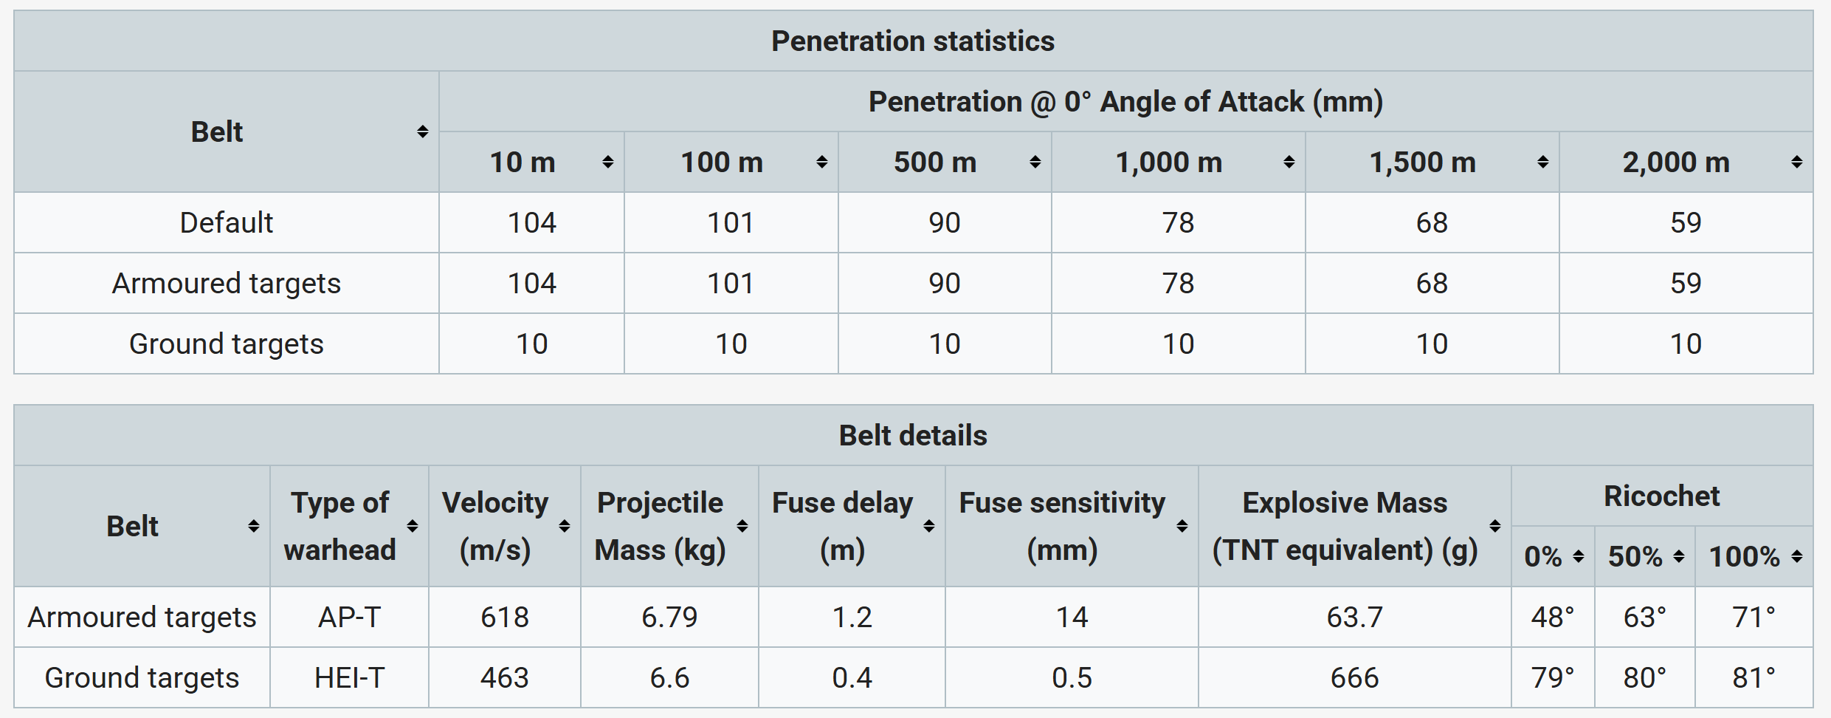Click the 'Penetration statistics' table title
[913, 41]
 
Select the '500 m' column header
[935, 163]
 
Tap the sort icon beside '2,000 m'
[1797, 163]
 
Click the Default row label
[226, 223]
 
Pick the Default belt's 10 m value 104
[531, 223]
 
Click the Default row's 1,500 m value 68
[1432, 223]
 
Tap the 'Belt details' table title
[913, 436]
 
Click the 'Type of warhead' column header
[340, 526]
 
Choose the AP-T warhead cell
[349, 618]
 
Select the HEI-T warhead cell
[349, 678]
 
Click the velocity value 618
[505, 618]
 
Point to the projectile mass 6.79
[669, 618]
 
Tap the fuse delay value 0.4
[852, 678]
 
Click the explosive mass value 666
[1354, 678]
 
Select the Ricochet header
[1661, 496]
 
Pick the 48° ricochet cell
[1553, 618]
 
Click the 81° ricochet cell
[1754, 678]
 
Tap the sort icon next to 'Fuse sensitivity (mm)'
[1182, 526]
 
